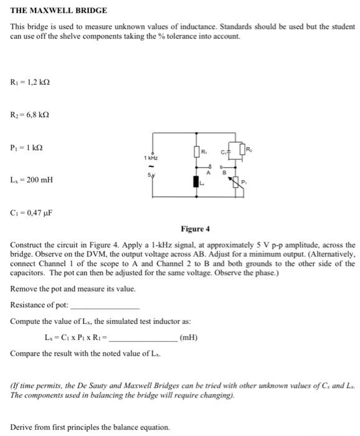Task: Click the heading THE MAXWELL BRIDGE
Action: pyautogui.click(x=50, y=11)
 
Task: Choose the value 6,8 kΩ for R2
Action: pyautogui.click(x=37, y=115)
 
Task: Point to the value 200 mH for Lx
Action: pyautogui.click(x=39, y=180)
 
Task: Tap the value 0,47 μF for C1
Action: pyautogui.click(x=39, y=212)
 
